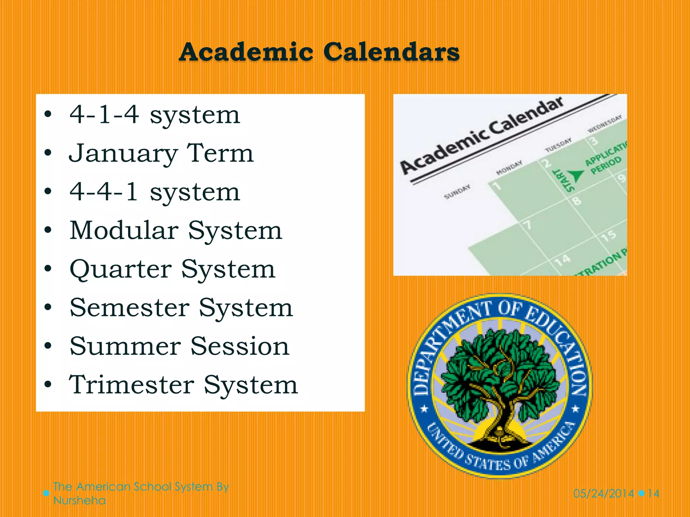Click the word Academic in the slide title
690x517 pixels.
[x=246, y=52]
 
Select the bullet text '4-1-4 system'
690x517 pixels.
[x=155, y=115]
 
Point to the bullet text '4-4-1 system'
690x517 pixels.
[x=155, y=192]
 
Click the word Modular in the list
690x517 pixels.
[x=124, y=231]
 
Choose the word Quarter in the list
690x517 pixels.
[x=121, y=269]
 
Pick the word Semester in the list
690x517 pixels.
[x=130, y=308]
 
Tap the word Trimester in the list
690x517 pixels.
[x=132, y=385]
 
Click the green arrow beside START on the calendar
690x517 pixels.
[x=576, y=175]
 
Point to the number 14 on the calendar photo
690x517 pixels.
[x=562, y=260]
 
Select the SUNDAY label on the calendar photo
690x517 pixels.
[x=457, y=192]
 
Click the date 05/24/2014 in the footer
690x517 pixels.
[x=603, y=494]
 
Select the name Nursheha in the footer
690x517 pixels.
[x=80, y=501]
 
